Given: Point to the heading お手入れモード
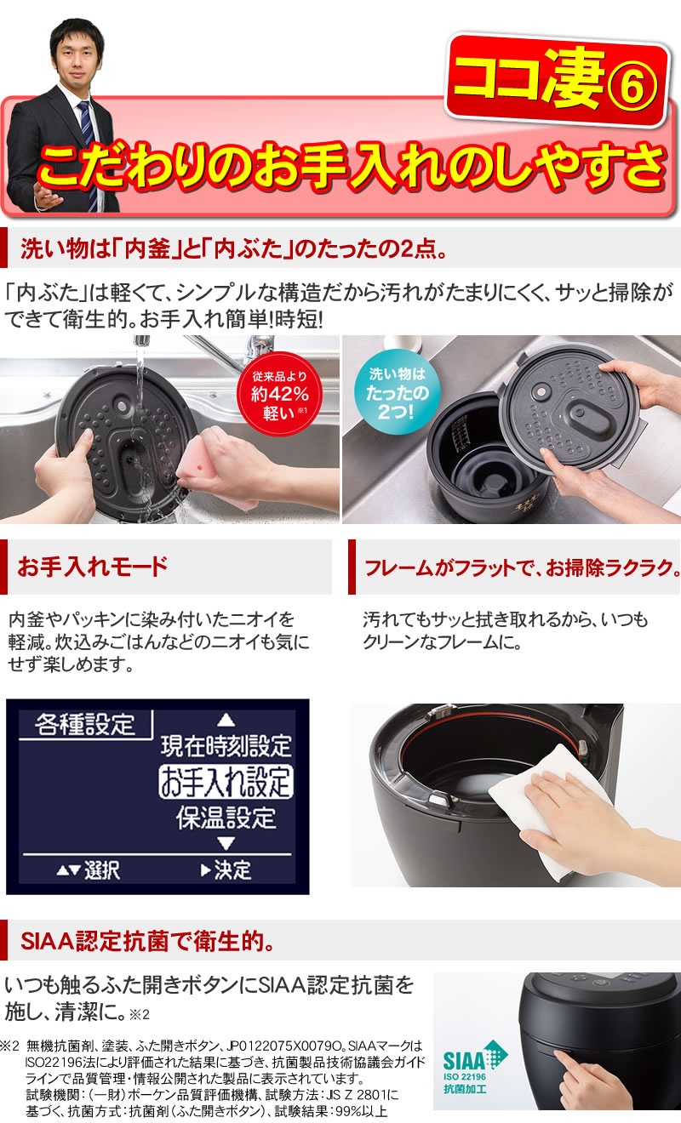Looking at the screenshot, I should click(x=94, y=566).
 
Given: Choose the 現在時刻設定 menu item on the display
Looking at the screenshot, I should click(x=226, y=746).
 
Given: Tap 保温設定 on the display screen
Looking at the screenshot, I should click(x=226, y=818).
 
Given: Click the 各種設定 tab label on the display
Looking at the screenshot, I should click(x=85, y=724).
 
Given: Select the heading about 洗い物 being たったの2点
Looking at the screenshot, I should click(x=230, y=252).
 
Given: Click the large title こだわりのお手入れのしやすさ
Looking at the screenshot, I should click(x=349, y=166).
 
